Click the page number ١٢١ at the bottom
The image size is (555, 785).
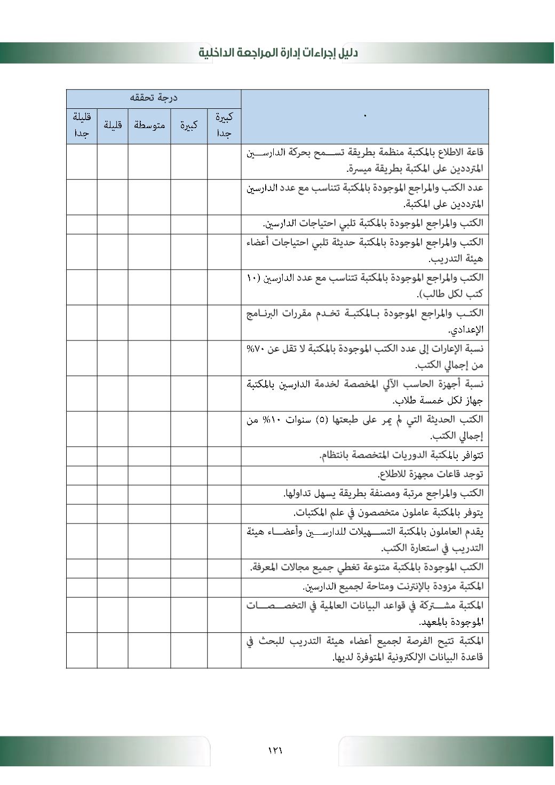pos(275,750)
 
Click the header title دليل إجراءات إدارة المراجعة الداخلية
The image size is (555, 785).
pos(278,52)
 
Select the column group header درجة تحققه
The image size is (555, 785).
pos(154,98)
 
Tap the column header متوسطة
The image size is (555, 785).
pos(149,125)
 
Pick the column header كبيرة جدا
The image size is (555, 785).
pos(224,125)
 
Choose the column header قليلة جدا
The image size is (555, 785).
pos(82,125)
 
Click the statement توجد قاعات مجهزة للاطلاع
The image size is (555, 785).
pos(430,474)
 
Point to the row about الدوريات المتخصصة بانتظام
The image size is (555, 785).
pos(401,455)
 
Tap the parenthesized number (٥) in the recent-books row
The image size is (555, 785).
pos(322,419)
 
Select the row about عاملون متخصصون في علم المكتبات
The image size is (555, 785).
pos(388,513)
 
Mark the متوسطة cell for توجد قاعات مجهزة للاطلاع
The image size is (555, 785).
pos(149,474)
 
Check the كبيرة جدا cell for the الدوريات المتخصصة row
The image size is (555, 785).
pos(224,455)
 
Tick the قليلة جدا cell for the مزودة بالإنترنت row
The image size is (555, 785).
pos(82,586)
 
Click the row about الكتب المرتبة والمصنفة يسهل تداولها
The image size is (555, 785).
pos(383,494)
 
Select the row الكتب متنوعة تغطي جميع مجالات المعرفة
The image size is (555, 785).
pos(367,567)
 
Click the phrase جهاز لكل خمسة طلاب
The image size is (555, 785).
pos(438,401)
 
